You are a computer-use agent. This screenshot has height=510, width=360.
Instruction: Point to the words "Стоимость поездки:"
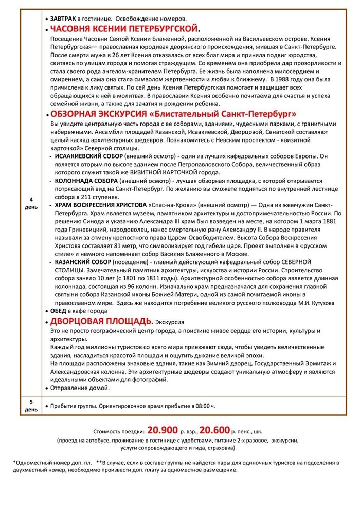119,431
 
